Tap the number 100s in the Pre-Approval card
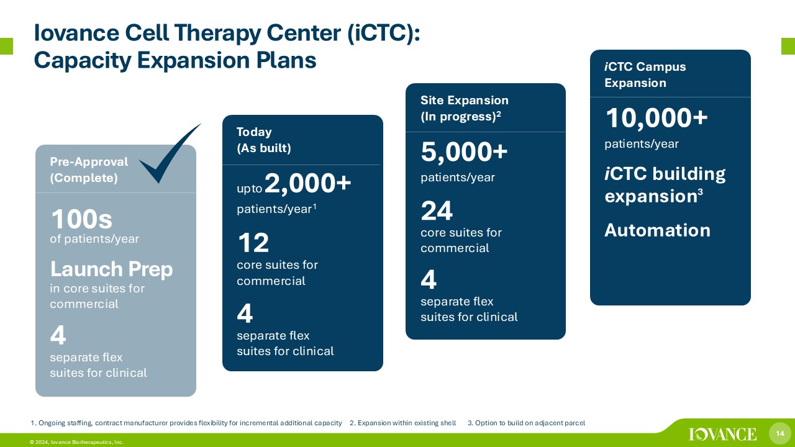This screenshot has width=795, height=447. point(82,219)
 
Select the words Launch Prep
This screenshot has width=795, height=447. point(111,269)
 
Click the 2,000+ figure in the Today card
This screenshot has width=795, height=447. point(307,183)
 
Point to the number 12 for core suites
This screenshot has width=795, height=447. point(253,243)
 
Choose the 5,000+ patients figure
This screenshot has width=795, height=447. point(464,152)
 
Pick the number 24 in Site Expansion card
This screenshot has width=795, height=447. point(437,210)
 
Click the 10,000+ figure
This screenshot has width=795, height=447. point(656,118)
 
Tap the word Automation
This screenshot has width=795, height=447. point(657,230)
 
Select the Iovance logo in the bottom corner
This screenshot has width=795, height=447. point(722,434)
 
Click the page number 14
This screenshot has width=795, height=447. point(779,433)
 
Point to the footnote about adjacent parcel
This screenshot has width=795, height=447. point(526,423)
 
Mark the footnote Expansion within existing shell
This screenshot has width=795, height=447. point(403,423)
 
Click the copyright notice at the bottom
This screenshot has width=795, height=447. point(76,442)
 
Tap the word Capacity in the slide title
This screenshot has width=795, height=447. point(83,60)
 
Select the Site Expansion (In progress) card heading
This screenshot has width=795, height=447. point(464,108)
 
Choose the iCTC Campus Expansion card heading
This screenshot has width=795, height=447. point(645,74)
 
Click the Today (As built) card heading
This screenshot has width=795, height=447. point(264,140)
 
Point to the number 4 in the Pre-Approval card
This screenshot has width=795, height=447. point(58,335)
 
